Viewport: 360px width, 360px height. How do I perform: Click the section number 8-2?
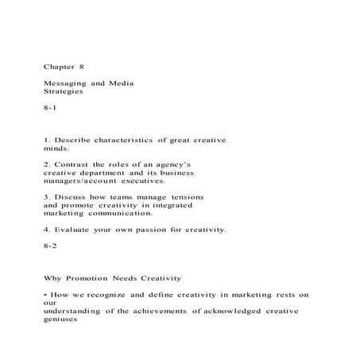pyautogui.click(x=50, y=246)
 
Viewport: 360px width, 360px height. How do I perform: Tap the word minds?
pyautogui.click(x=56, y=149)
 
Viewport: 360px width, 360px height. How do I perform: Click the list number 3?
pyautogui.click(x=47, y=196)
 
